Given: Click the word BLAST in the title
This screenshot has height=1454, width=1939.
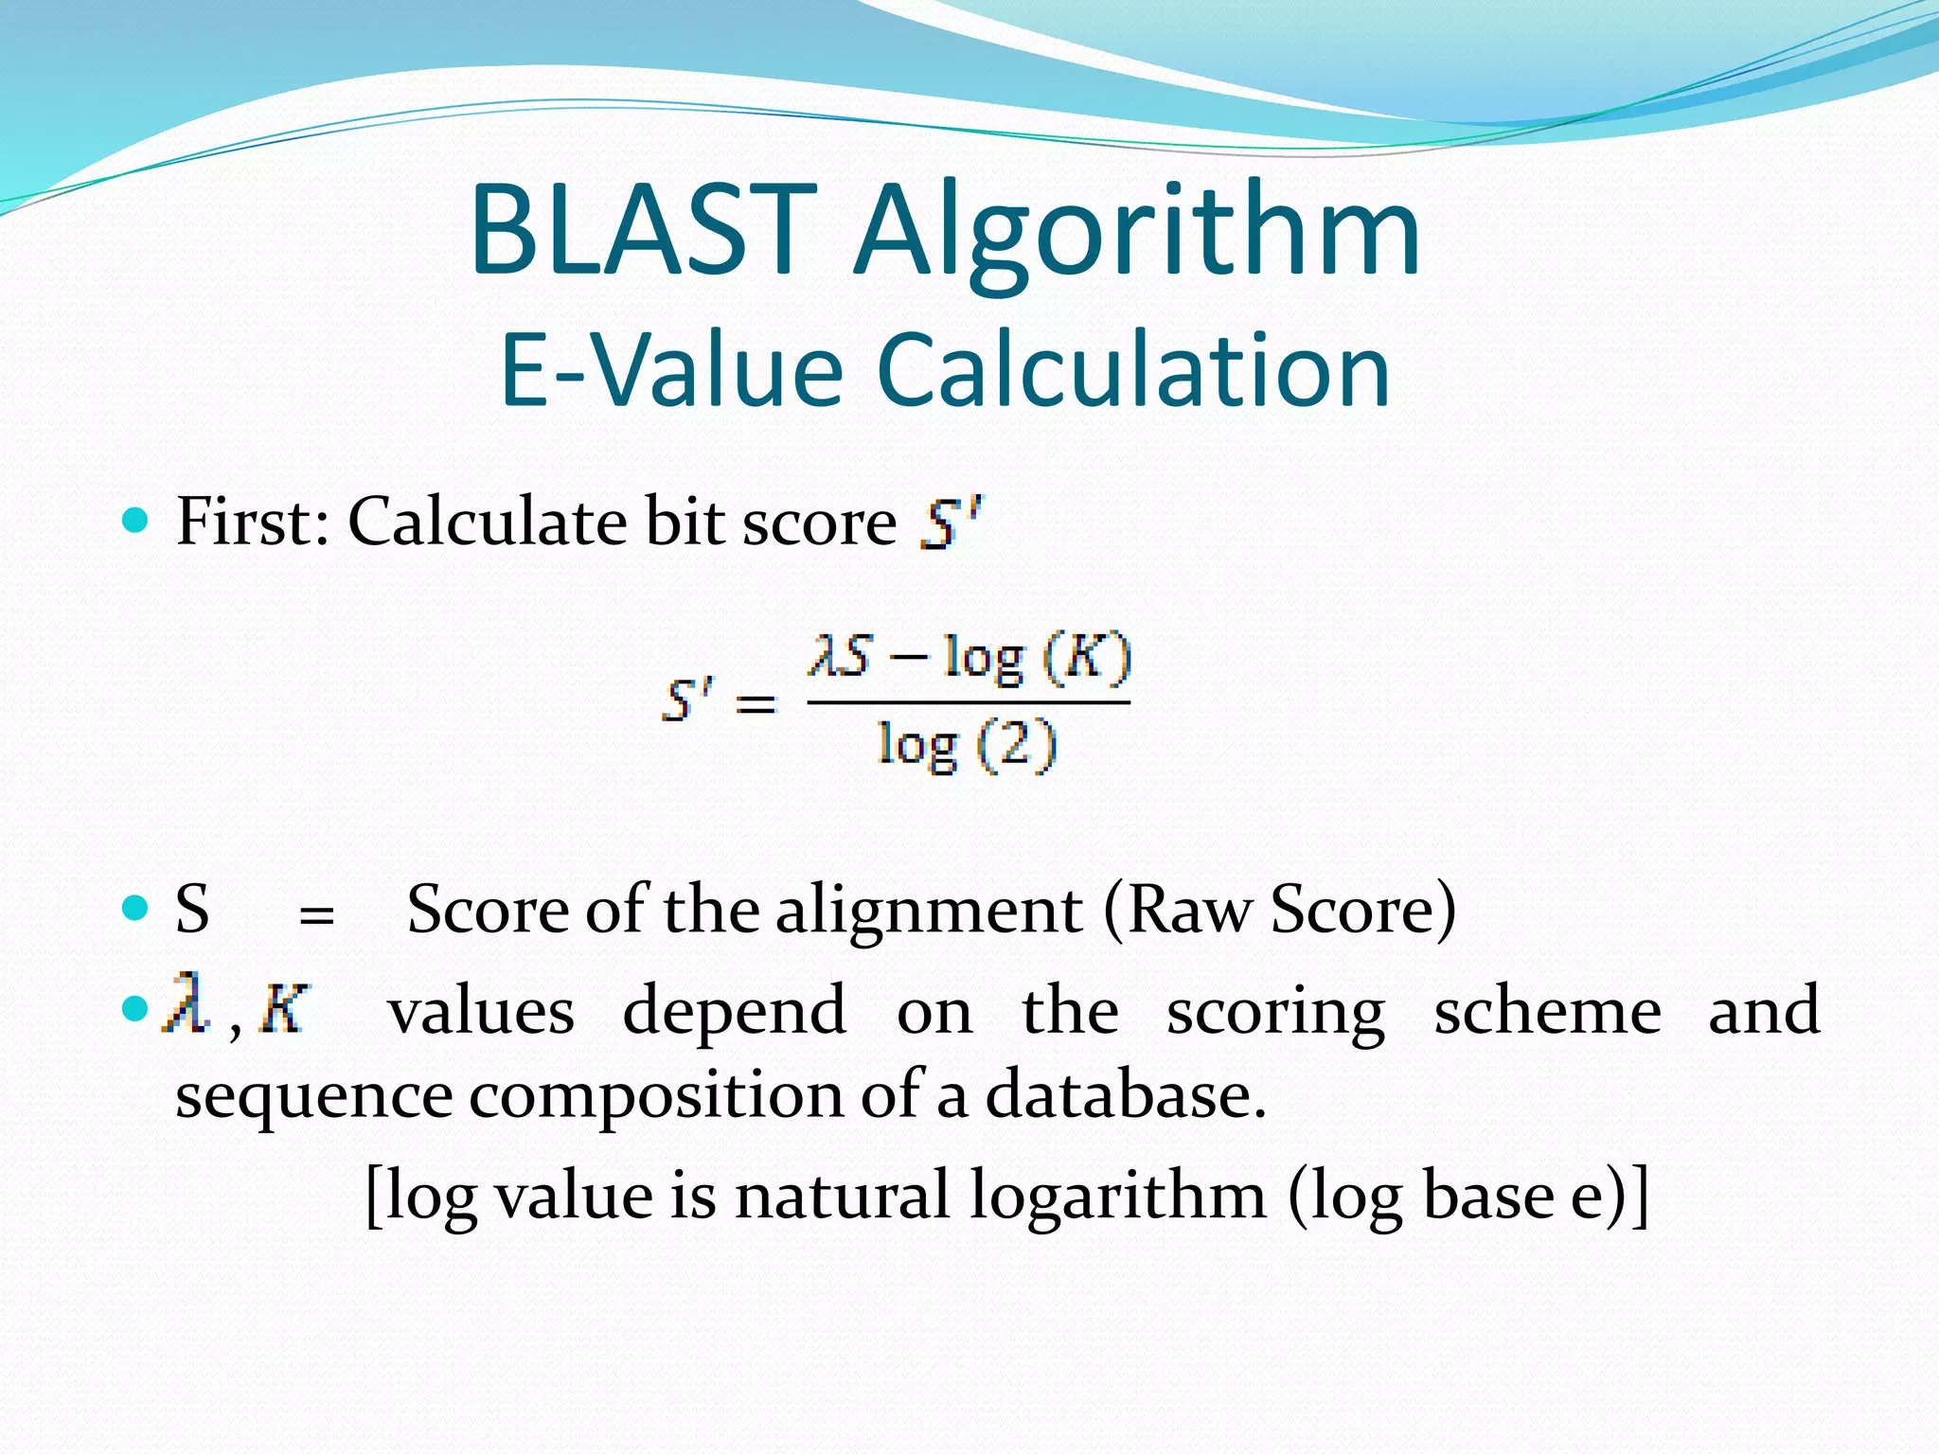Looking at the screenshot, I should pyautogui.click(x=643, y=231).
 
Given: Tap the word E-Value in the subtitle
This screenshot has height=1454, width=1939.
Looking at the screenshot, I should pyautogui.click(x=671, y=370).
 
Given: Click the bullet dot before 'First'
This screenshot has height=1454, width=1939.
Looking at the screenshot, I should pyautogui.click(x=136, y=520).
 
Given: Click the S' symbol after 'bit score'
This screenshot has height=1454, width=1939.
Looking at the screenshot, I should pyautogui.click(x=951, y=523).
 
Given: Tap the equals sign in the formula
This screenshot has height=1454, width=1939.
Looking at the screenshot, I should pyautogui.click(x=756, y=703).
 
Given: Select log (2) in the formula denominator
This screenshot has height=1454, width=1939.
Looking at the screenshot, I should pyautogui.click(x=967, y=745).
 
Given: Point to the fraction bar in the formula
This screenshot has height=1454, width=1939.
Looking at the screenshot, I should pyautogui.click(x=968, y=702).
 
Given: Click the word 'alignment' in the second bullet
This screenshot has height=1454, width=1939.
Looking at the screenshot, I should pyautogui.click(x=928, y=910).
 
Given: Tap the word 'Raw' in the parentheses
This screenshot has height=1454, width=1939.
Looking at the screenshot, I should pyautogui.click(x=1190, y=910).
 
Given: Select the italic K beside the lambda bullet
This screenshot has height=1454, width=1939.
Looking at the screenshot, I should pyautogui.click(x=284, y=1009).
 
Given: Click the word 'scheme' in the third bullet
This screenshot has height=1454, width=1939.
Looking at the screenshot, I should pyautogui.click(x=1547, y=1011).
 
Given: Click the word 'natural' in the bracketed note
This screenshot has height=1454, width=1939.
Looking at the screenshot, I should pyautogui.click(x=842, y=1195).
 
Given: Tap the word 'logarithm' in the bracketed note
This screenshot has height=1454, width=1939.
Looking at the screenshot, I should pyautogui.click(x=1118, y=1197).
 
